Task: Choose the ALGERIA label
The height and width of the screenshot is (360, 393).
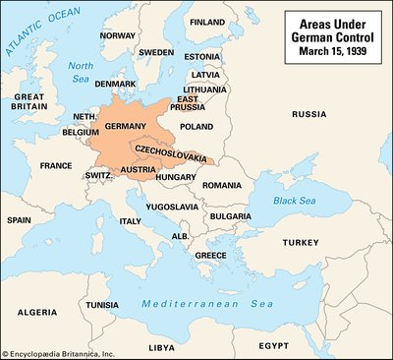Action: click(36, 312)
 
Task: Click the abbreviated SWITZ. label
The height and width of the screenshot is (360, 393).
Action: click(98, 174)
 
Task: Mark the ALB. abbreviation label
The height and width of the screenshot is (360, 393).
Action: click(180, 236)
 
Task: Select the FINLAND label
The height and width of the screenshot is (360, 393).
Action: click(206, 21)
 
